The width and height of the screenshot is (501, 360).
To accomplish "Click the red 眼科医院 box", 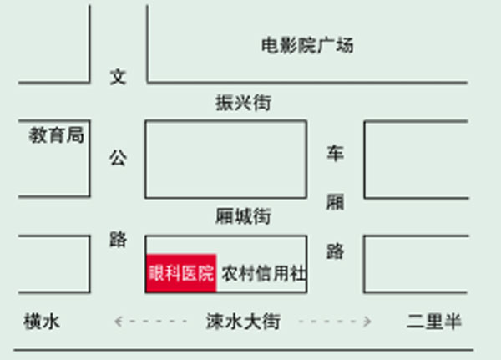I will pyautogui.click(x=181, y=273).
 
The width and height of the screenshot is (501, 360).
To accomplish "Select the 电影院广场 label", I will pyautogui.click(x=307, y=45).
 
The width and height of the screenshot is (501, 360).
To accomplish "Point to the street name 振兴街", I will pyautogui.click(x=243, y=104).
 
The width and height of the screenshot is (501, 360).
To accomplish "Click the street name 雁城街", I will pyautogui.click(x=243, y=217).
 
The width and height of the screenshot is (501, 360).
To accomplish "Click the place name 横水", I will pyautogui.click(x=43, y=322).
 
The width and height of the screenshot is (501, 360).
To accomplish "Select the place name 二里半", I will pyautogui.click(x=434, y=322).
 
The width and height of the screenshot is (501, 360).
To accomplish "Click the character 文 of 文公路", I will pyautogui.click(x=119, y=78).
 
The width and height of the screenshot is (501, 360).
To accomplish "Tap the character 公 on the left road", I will pyautogui.click(x=119, y=158).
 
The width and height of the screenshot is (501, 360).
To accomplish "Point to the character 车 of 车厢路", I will pyautogui.click(x=335, y=154).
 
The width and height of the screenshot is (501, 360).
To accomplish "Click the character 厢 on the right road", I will pyautogui.click(x=335, y=203).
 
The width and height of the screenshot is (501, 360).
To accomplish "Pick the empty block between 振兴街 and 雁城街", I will pyautogui.click(x=225, y=159).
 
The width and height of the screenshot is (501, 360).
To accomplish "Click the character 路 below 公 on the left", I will pyautogui.click(x=119, y=240).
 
